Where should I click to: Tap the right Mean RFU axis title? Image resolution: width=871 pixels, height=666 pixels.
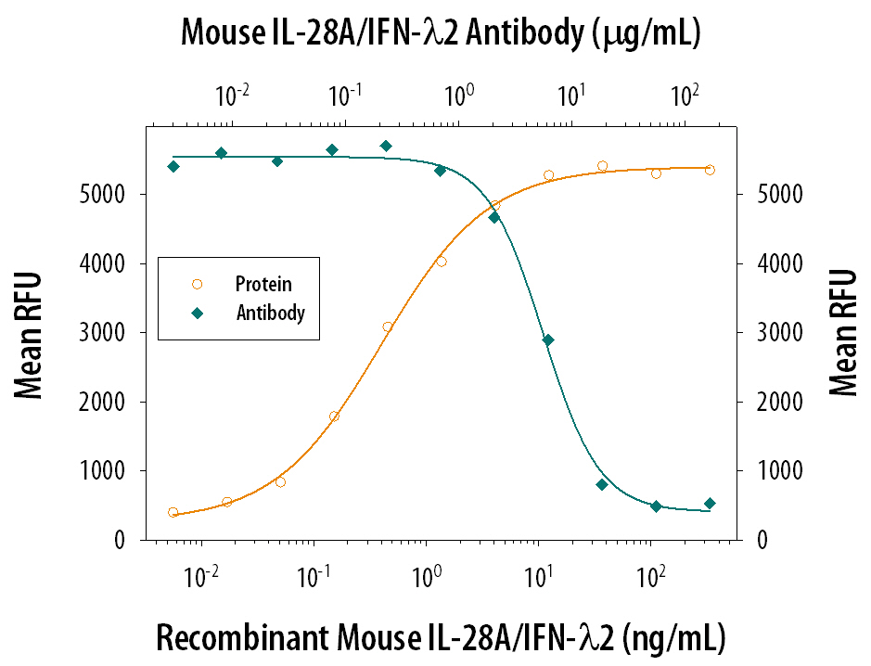pos(842,333)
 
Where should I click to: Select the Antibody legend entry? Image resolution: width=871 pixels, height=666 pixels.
pos(270,313)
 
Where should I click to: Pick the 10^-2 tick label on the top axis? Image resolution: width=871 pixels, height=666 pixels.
pos(231,95)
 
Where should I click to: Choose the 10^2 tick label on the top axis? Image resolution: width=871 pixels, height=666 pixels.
pos(684,95)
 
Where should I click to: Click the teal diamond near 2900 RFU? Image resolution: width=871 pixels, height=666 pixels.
pos(548,340)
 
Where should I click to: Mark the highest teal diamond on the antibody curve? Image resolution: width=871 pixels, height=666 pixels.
pos(386,146)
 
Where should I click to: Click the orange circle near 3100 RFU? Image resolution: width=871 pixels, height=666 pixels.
pos(388,327)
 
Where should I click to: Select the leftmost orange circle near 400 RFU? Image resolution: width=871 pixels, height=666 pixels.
pos(173,512)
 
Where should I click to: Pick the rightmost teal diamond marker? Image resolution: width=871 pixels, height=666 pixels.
pos(710,504)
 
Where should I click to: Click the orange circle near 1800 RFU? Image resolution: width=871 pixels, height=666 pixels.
pos(334,416)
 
